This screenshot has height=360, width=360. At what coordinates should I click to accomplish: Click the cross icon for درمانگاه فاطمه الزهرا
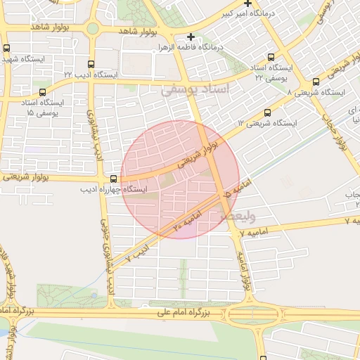(x=191, y=37)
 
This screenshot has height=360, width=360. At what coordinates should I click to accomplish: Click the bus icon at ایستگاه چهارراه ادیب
(x=114, y=179)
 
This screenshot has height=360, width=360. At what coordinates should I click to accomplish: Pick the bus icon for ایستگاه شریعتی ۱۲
(x=267, y=112)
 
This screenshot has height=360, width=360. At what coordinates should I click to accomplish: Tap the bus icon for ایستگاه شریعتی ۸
(x=316, y=82)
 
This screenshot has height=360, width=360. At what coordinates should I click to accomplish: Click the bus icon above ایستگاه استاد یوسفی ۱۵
(x=44, y=92)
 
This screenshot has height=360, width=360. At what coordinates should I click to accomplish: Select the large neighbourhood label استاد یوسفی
(x=195, y=90)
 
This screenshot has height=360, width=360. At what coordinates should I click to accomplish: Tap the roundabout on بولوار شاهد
(x=93, y=28)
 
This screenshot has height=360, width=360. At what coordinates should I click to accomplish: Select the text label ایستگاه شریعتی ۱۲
(x=267, y=123)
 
